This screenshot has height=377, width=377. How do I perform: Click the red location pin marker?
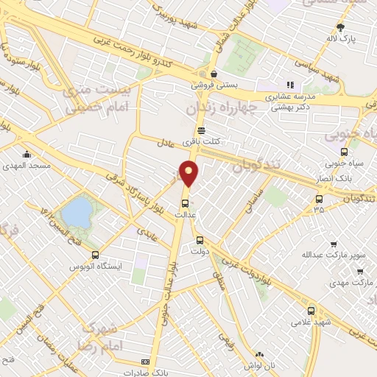[190, 173]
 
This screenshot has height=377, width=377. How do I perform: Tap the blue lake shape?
[76, 214]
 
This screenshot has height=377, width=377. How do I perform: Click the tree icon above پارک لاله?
[340, 28]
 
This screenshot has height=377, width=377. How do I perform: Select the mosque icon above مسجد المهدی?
[27, 155]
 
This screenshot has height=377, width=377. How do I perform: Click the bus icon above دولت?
[199, 239]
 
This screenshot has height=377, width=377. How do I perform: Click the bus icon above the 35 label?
[318, 198]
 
